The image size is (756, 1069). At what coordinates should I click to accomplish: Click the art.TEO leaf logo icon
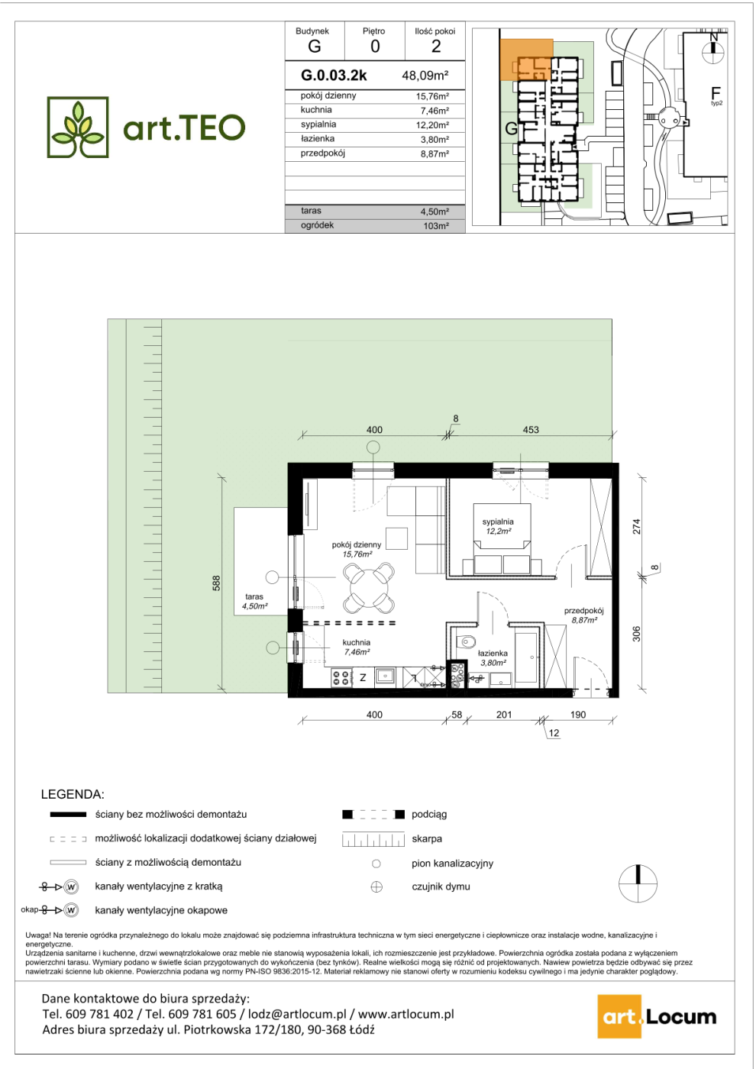pyautogui.click(x=78, y=128)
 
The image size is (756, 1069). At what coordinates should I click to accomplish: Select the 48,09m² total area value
pyautogui.click(x=425, y=76)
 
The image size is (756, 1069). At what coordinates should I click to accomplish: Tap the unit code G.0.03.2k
pyautogui.click(x=334, y=76)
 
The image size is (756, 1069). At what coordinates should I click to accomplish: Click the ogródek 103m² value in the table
pyautogui.click(x=436, y=226)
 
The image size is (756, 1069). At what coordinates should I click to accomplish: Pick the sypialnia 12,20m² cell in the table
pyautogui.click(x=432, y=125)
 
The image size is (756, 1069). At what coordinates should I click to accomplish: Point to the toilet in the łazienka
pyautogui.click(x=465, y=641)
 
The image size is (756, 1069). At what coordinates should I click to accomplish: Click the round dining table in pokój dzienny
pyautogui.click(x=370, y=589)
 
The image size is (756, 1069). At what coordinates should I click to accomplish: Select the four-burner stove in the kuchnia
pyautogui.click(x=342, y=677)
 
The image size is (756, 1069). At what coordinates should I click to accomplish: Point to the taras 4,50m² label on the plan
pyautogui.click(x=254, y=601)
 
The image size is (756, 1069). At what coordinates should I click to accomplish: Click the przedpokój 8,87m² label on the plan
pyautogui.click(x=583, y=615)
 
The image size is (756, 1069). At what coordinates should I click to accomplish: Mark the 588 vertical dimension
pyautogui.click(x=217, y=583)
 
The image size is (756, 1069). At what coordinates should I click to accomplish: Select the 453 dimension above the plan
pyautogui.click(x=530, y=429)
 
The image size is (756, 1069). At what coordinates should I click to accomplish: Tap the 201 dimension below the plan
pyautogui.click(x=503, y=715)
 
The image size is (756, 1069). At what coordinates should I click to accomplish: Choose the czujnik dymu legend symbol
pyautogui.click(x=376, y=887)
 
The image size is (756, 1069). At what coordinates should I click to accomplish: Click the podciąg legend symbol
pyautogui.click(x=373, y=815)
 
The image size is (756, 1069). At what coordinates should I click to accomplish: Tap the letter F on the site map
pyautogui.click(x=716, y=92)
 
